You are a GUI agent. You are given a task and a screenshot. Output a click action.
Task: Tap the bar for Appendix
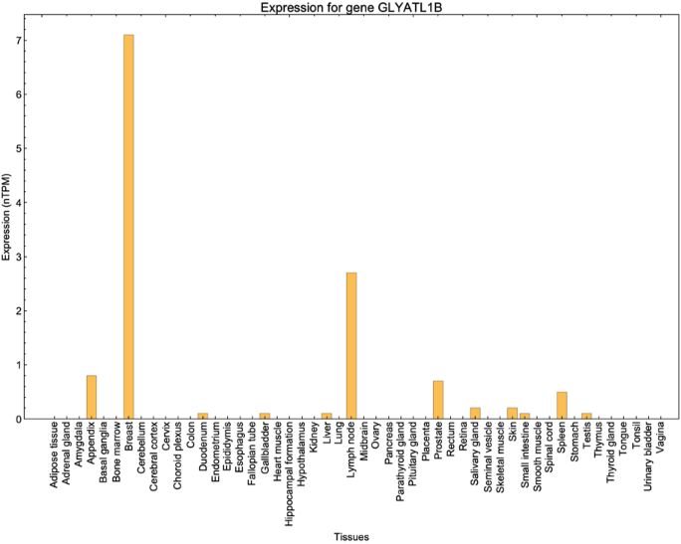click(92, 397)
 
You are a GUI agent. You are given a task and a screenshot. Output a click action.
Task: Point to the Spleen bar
click(562, 405)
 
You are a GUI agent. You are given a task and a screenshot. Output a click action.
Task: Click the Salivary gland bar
click(475, 413)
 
